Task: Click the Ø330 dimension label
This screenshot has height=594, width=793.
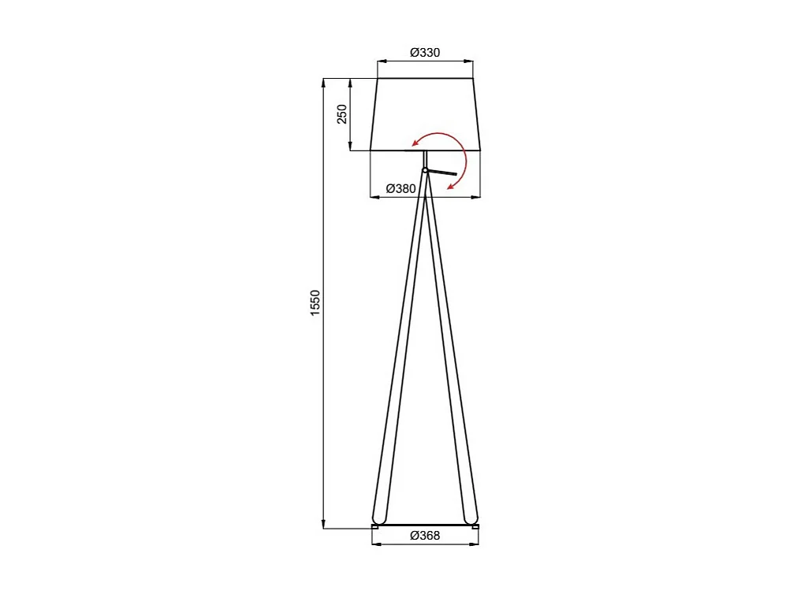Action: tap(425, 53)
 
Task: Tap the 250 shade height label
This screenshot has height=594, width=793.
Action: tap(342, 114)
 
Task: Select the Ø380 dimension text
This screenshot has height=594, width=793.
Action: tap(400, 189)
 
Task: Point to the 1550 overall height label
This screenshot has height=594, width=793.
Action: tap(315, 303)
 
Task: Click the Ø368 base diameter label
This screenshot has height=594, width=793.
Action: tap(425, 536)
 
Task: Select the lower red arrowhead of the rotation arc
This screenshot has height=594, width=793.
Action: tap(451, 187)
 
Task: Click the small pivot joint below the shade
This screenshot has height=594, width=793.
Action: tap(425, 170)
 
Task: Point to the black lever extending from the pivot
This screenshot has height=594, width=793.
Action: tap(441, 173)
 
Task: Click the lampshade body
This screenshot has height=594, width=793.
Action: tap(426, 110)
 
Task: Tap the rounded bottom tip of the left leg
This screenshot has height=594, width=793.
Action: tap(379, 518)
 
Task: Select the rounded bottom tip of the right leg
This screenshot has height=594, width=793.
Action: tap(471, 518)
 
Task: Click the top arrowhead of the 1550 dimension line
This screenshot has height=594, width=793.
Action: tap(323, 81)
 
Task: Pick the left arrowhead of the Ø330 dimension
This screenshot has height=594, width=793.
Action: tap(381, 61)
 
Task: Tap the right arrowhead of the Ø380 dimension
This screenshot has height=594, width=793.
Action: tap(478, 196)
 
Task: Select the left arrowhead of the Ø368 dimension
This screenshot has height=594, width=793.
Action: tap(374, 544)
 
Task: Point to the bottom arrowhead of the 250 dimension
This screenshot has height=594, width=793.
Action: tap(351, 147)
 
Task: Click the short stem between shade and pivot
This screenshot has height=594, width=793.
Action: tap(425, 158)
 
